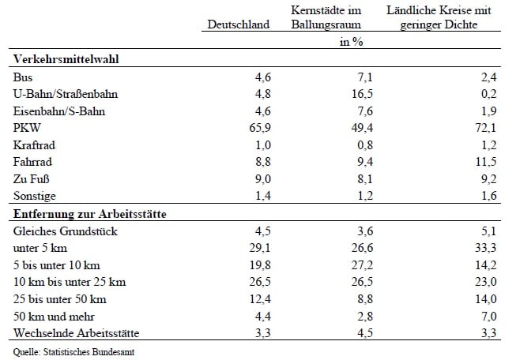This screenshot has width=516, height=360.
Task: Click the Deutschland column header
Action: pyautogui.click(x=239, y=24)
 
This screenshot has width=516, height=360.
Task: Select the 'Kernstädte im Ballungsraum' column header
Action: pyautogui.click(x=326, y=17)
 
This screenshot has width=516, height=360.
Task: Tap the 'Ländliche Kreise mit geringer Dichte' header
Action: pyautogui.click(x=439, y=17)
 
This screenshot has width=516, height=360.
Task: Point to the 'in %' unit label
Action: pyautogui.click(x=352, y=42)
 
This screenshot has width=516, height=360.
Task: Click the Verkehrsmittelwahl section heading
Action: pyautogui.click(x=66, y=59)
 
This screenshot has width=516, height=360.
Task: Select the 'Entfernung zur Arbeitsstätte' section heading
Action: pyautogui.click(x=90, y=214)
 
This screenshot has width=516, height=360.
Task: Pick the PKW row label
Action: pyautogui.click(x=27, y=128)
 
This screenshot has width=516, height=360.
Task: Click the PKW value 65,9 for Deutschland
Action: pyautogui.click(x=260, y=128)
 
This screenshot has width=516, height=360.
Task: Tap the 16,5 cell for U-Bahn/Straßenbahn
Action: pyautogui.click(x=362, y=94)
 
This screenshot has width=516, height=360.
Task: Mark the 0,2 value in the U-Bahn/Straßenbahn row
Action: pyautogui.click(x=488, y=94)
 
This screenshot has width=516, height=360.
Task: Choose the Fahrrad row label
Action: pyautogui.click(x=32, y=162)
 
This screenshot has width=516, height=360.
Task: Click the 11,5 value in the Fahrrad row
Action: pyautogui.click(x=486, y=162)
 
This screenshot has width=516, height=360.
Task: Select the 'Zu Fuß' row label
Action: pyautogui.click(x=32, y=179)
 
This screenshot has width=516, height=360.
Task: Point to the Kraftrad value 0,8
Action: pyautogui.click(x=365, y=145)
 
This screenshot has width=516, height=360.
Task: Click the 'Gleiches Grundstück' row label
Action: pyautogui.click(x=65, y=231)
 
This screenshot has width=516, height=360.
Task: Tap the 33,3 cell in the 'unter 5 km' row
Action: pyautogui.click(x=486, y=248)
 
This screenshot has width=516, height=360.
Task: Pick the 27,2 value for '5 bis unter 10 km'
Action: pyautogui.click(x=362, y=265)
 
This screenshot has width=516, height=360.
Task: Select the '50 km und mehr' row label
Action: pyautogui.click(x=54, y=317)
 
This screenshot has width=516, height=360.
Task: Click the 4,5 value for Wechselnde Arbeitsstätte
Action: pyautogui.click(x=365, y=332)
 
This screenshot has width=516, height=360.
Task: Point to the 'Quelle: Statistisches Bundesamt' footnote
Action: pyautogui.click(x=73, y=352)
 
